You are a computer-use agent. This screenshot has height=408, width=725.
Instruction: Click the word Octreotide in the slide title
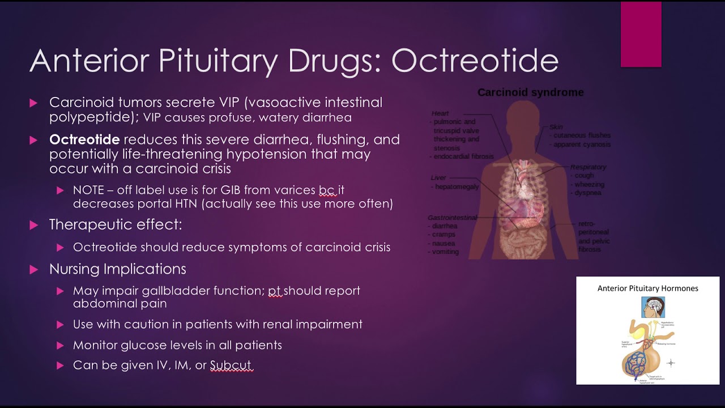click(x=475, y=61)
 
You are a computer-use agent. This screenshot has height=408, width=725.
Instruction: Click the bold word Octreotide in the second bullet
click(x=84, y=139)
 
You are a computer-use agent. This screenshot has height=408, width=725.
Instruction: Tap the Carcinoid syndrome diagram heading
click(x=530, y=92)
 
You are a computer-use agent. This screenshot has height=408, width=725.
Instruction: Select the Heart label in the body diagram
click(x=440, y=113)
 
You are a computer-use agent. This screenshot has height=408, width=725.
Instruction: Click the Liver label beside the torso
click(x=438, y=178)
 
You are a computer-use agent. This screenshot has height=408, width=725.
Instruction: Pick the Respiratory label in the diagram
click(x=588, y=167)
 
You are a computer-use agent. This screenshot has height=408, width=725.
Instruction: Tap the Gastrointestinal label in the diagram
click(x=453, y=218)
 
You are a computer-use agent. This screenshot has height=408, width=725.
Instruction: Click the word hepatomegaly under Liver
click(x=457, y=186)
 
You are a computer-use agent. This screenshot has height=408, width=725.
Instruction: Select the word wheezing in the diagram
click(x=589, y=184)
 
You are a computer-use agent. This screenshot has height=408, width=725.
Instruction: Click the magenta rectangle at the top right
click(x=641, y=35)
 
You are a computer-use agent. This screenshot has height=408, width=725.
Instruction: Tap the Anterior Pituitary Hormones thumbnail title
click(x=647, y=288)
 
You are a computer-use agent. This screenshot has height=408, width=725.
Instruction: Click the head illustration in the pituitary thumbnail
click(x=653, y=307)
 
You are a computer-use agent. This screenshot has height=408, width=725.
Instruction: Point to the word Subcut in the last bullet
click(x=230, y=365)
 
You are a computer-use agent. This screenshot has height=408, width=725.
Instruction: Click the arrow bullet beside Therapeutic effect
click(x=33, y=225)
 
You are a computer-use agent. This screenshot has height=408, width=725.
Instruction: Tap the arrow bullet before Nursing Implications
click(x=33, y=269)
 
